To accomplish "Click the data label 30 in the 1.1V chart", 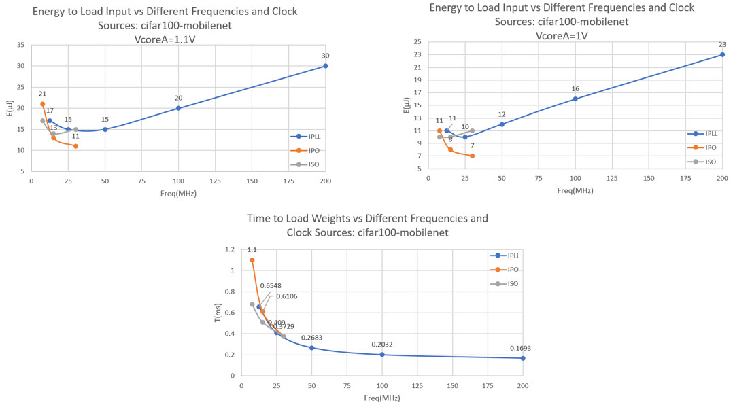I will pyautogui.click(x=325, y=56).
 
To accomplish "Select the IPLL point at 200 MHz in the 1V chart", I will pyautogui.click(x=722, y=54).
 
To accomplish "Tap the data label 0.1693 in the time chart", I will pyautogui.click(x=522, y=348).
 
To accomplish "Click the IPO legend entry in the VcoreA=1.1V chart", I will pyautogui.click(x=307, y=149).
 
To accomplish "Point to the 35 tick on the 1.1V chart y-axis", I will pyautogui.click(x=20, y=45).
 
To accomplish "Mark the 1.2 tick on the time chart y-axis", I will pyautogui.click(x=229, y=249).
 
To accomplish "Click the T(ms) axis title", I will pyautogui.click(x=218, y=312).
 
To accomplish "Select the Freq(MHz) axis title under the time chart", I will pyautogui.click(x=381, y=398).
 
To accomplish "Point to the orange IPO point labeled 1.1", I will pyautogui.click(x=252, y=260).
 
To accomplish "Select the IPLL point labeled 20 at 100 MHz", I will pyautogui.click(x=179, y=108).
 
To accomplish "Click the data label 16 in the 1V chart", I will pyautogui.click(x=575, y=88).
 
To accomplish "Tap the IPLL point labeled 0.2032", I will pyautogui.click(x=382, y=355).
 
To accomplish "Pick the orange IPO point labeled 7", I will pyautogui.click(x=472, y=156).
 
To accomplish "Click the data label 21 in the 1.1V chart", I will pyautogui.click(x=42, y=94).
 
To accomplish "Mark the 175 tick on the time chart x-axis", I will pyautogui.click(x=488, y=385).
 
